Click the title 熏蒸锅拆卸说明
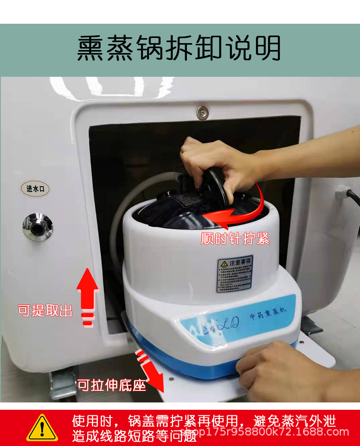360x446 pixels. (179, 48)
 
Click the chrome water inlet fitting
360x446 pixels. (38, 226)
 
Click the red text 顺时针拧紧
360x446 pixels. (235, 238)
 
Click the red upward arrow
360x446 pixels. (88, 293)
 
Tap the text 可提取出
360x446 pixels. (45, 310)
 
